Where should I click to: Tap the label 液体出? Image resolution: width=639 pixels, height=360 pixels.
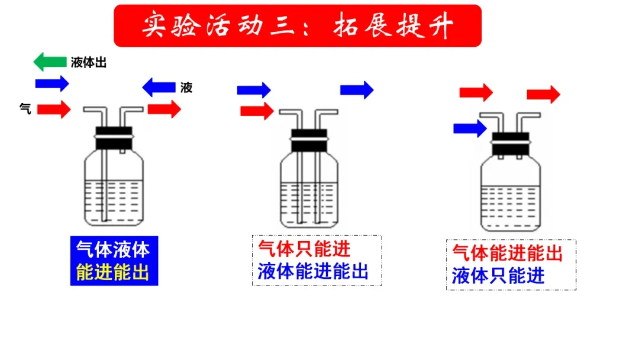click(x=89, y=63)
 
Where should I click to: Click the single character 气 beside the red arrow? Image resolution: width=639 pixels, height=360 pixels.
click(x=25, y=108)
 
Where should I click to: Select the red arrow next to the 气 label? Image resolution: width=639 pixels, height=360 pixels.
click(x=54, y=109)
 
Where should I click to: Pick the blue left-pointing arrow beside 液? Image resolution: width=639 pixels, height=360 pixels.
click(x=159, y=88)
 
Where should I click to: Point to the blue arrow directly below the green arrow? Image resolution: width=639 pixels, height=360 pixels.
click(x=52, y=83)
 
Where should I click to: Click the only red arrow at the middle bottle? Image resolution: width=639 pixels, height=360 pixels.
click(x=257, y=111)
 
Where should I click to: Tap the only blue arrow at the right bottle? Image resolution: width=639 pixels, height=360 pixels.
click(x=470, y=128)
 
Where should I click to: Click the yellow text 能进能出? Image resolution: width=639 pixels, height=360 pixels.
click(x=113, y=272)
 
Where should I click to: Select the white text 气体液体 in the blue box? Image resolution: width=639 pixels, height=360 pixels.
click(x=113, y=249)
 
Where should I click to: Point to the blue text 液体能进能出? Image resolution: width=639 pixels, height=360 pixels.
click(x=313, y=271)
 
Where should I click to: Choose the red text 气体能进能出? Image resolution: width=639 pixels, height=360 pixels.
click(x=507, y=253)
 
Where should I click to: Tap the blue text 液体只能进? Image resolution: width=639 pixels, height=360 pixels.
click(x=498, y=276)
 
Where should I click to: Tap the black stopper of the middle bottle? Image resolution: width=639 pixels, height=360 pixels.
click(x=308, y=140)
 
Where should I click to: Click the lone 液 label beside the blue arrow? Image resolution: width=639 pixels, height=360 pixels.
click(x=186, y=88)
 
